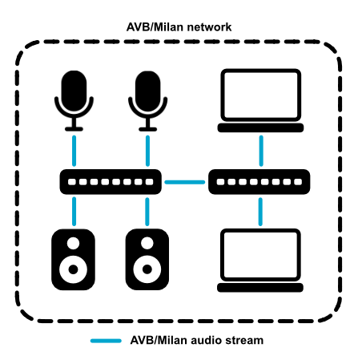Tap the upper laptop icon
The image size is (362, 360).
260,100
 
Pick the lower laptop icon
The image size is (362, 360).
260,261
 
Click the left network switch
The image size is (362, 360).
111,182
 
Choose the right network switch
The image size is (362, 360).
259,182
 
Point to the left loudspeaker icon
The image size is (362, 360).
73,259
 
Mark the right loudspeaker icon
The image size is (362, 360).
147,259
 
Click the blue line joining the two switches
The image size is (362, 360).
185,182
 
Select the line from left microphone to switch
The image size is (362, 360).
74,151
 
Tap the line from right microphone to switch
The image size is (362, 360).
147,151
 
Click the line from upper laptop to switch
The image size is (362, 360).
261,151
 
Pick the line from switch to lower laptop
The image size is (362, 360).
260,212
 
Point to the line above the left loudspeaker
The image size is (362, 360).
74,212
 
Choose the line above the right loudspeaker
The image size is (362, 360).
147,212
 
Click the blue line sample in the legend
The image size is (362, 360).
106,341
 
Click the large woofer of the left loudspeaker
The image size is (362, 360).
73,269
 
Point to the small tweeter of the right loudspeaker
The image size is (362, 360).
147,243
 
